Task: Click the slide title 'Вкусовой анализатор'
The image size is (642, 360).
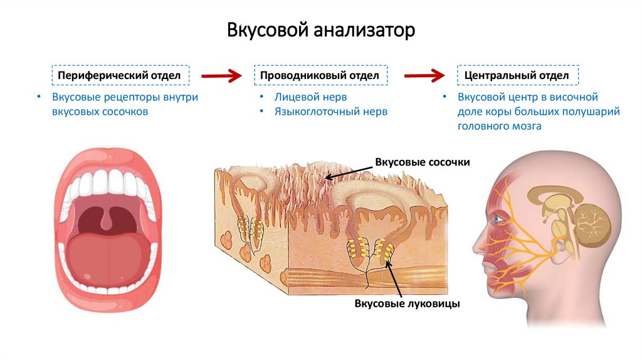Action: pos(320,29)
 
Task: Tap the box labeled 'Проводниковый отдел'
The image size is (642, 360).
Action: pos(320,75)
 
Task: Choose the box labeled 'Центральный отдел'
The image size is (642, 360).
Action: pos(517,75)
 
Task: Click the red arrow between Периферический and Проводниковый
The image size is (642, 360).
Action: pos(221,75)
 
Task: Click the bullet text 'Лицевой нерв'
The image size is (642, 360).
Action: pos(310,97)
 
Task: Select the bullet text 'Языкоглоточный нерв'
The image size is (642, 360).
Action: pos(330,112)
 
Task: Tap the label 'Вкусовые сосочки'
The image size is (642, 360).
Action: pos(422,162)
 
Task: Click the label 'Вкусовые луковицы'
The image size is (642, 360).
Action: pos(408,304)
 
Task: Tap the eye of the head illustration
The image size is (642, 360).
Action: pos(497,219)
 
